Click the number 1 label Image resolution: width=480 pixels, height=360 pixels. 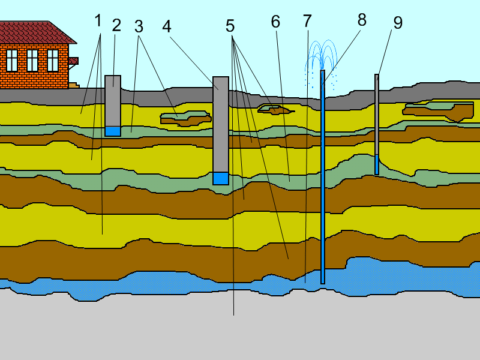[98, 21]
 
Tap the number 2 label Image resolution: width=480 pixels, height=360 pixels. [116, 25]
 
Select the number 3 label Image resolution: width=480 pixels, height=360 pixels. [139, 26]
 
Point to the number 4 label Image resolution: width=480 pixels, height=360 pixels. [167, 26]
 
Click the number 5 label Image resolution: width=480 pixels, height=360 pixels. [230, 26]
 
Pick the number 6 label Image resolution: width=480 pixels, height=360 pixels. [275, 22]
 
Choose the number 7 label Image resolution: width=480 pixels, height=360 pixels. [307, 21]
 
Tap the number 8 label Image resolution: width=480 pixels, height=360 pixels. [362, 20]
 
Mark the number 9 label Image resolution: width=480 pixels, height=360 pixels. [398, 23]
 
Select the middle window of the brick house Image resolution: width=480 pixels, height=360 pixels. [32, 61]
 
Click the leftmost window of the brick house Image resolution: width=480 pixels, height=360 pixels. [12, 61]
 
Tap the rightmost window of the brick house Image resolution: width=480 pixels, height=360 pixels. [53, 61]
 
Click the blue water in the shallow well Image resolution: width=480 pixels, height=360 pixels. [113, 131]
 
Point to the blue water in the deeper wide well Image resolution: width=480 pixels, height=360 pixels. [221, 178]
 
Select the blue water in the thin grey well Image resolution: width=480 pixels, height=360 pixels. [377, 164]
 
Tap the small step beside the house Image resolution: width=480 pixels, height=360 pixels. [74, 85]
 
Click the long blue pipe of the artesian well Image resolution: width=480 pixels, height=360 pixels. [323, 176]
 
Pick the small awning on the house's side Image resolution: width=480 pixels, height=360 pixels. [73, 61]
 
